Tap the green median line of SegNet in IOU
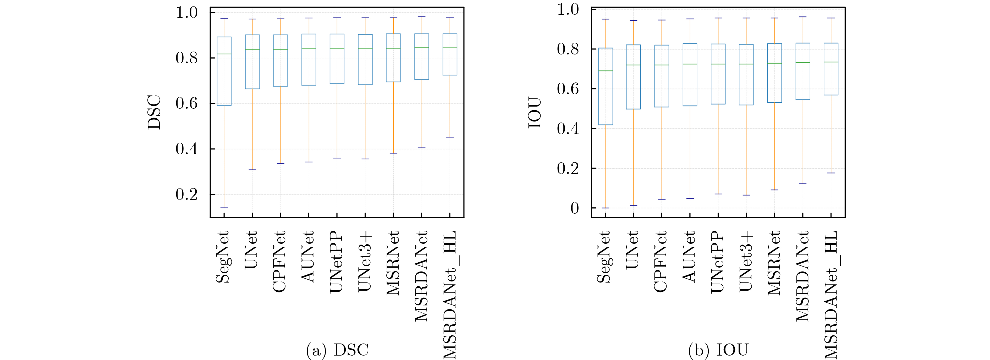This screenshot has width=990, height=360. point(606,71)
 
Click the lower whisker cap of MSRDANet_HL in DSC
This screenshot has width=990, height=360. point(450,137)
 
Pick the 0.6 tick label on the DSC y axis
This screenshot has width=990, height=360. point(186,103)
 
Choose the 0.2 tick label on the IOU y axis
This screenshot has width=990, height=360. point(568,168)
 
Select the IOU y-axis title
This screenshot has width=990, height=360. point(535,113)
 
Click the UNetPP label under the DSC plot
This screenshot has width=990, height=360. point(337,262)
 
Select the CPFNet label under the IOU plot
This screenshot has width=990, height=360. point(660,262)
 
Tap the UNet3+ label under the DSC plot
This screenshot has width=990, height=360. point(365,261)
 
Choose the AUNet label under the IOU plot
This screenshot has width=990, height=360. point(689,257)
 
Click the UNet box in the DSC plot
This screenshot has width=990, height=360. point(252,62)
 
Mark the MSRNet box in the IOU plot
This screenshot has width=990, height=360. point(774,73)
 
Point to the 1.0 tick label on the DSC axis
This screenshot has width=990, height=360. point(186,13)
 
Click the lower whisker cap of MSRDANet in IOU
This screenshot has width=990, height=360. point(802,184)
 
